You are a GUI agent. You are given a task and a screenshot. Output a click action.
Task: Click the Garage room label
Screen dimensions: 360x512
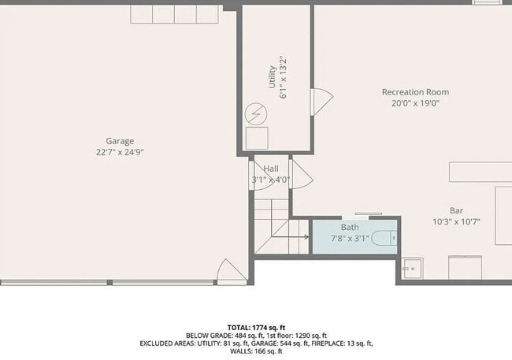120,142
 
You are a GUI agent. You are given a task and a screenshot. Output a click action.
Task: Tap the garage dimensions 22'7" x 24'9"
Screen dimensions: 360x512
120,152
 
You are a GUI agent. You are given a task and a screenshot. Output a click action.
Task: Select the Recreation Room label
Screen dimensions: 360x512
415,92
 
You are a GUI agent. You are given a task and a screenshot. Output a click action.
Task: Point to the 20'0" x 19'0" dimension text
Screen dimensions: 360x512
415,102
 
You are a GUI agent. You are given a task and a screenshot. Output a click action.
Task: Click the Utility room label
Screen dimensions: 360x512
273,76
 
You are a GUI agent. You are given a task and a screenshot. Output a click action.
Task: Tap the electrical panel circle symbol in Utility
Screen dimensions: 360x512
257,114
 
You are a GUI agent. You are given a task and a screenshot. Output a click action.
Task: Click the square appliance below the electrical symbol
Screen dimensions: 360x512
257,139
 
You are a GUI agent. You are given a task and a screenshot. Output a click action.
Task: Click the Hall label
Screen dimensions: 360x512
271,169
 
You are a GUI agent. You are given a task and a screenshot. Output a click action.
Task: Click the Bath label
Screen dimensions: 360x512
350,228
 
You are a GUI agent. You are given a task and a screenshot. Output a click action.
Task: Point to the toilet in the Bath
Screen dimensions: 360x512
385,238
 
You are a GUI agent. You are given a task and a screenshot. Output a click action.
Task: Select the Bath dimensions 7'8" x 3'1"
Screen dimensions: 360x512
350,238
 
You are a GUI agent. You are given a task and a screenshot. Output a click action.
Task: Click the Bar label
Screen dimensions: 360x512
456,210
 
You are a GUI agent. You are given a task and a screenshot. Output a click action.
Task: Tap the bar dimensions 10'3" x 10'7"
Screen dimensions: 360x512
456,221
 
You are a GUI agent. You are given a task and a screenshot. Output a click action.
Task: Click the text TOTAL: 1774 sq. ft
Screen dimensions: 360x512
255,326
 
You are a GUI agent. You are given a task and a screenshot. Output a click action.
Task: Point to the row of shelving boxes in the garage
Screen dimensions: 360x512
176,13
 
